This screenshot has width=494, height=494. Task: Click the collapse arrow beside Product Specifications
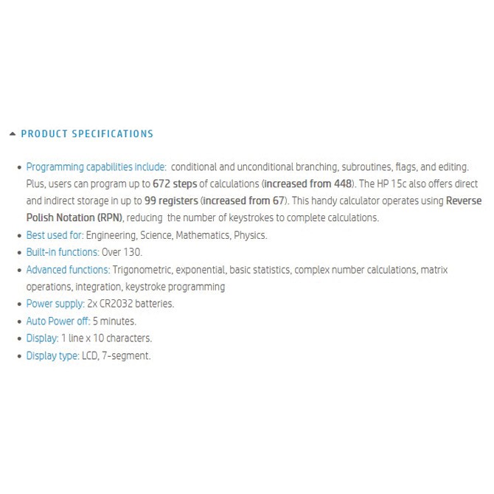[x=12, y=134]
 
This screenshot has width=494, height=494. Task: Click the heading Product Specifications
[x=87, y=134]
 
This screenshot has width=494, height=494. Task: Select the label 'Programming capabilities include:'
[x=96, y=167]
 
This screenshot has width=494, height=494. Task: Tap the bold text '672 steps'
[x=175, y=184]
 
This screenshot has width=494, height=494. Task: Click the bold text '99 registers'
[x=171, y=201]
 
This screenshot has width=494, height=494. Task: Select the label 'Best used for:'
[x=55, y=235]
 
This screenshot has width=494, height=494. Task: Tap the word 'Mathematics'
[x=201, y=235]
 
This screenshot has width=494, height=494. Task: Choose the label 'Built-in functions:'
[x=63, y=252]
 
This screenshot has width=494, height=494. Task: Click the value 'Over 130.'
[x=122, y=252]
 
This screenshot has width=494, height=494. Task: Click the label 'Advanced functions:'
[x=68, y=270]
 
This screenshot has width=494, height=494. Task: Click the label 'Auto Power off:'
[x=58, y=321]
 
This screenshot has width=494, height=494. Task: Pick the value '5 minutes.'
[x=114, y=321]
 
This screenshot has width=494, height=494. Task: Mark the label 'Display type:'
[x=52, y=355]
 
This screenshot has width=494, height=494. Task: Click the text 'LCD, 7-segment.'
[x=116, y=355]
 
